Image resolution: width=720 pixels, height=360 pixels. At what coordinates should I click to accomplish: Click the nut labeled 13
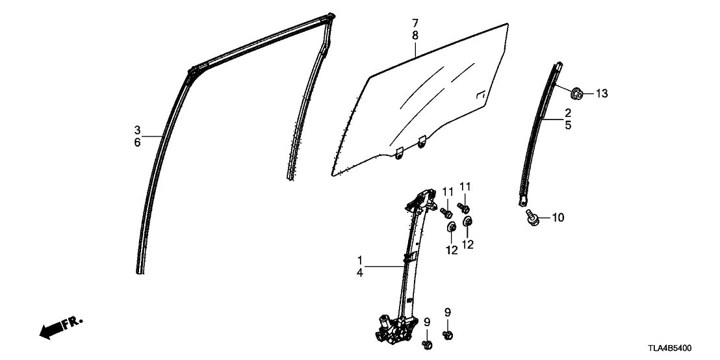tap(577, 94)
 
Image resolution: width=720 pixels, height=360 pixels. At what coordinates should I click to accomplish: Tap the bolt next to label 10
tap(532, 217)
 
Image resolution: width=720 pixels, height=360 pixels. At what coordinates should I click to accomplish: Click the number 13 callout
tap(602, 94)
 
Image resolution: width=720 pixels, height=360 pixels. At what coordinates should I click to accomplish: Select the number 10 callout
tap(558, 217)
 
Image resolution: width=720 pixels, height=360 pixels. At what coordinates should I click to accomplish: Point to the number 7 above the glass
tap(415, 23)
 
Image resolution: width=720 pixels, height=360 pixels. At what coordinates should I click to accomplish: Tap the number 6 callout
tap(137, 142)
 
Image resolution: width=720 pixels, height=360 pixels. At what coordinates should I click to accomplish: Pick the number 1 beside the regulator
tap(360, 260)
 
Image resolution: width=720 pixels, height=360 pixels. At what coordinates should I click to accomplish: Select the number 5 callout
tap(568, 125)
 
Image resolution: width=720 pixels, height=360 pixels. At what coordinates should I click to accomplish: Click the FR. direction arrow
tap(61, 327)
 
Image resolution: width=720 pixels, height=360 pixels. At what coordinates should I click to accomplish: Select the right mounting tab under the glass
tap(422, 142)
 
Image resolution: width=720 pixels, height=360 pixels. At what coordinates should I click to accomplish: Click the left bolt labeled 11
tap(446, 212)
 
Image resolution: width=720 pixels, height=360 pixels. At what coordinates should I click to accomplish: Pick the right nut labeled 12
tap(467, 222)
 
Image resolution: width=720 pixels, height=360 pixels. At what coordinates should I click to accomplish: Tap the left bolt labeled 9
tap(426, 344)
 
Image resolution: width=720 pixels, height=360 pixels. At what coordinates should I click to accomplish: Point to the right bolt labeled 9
tap(448, 335)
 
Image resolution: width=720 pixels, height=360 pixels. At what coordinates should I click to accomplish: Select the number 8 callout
tap(415, 36)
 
